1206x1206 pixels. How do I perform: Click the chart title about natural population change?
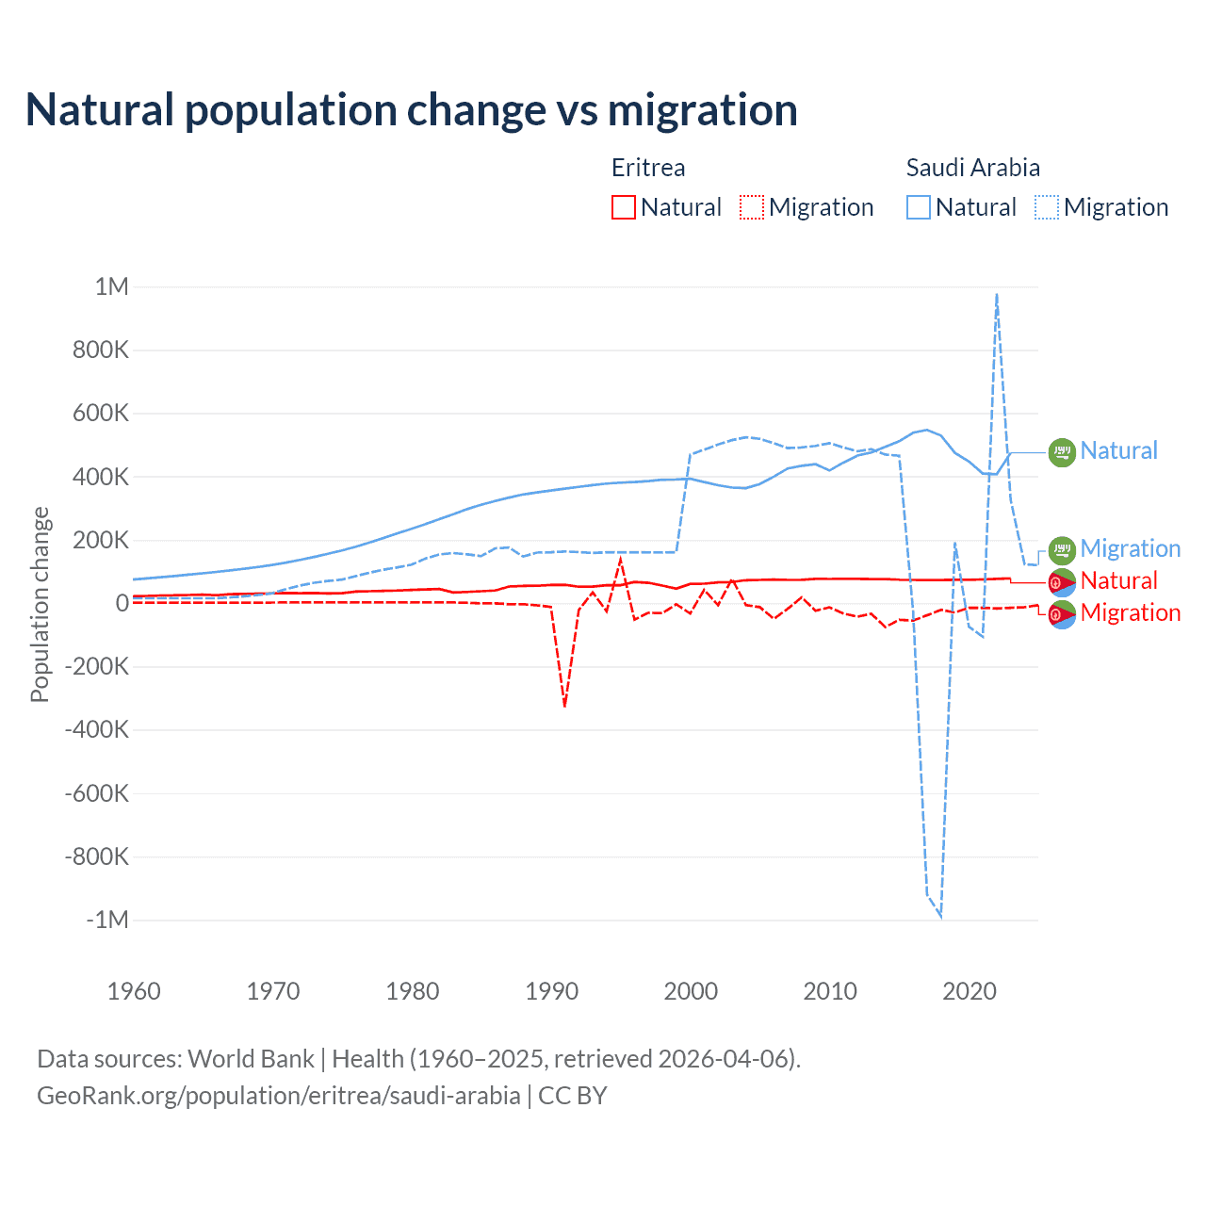[412, 110]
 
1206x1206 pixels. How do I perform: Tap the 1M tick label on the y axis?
[111, 286]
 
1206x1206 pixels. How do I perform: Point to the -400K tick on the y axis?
[97, 729]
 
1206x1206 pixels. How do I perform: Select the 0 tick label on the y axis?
[122, 603]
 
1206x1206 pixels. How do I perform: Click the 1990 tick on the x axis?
[551, 991]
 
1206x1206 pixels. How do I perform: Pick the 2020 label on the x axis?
[970, 991]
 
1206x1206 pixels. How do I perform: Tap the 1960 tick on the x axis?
[134, 991]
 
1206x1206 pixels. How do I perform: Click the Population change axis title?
[40, 604]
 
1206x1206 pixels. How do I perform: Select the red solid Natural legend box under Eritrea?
[624, 207]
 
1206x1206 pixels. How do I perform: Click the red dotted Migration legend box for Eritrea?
[752, 207]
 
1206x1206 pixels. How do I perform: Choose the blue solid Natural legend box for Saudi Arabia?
[919, 207]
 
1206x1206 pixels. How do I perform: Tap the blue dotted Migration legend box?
[1047, 207]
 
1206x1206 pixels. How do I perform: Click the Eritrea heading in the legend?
[648, 168]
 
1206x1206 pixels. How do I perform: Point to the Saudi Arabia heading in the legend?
[973, 168]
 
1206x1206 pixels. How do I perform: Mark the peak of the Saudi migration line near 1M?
[997, 294]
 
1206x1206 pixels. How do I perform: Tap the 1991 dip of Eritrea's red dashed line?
[564, 706]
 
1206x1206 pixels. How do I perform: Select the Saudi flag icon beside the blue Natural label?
[1062, 452]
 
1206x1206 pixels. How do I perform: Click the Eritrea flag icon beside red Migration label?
[1062, 614]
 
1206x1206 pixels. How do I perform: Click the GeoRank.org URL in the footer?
[279, 1096]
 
